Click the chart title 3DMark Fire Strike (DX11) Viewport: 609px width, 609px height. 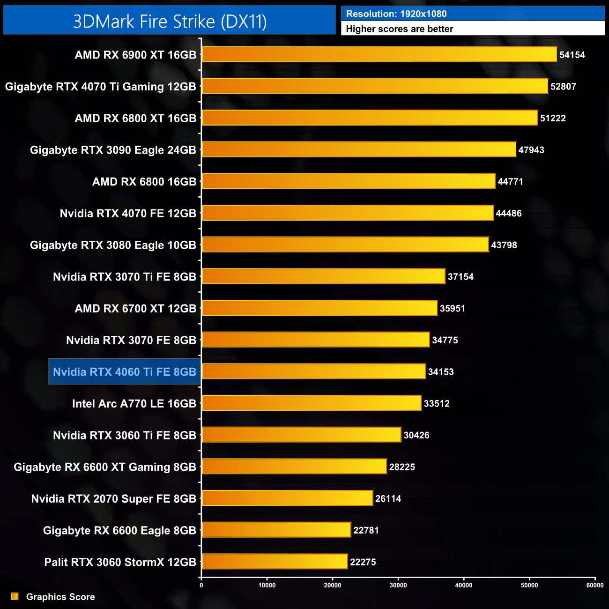tap(170, 22)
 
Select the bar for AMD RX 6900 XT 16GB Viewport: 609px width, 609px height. tap(379, 54)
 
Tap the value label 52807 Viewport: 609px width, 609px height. tap(563, 87)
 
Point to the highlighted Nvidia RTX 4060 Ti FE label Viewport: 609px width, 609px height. tap(125, 372)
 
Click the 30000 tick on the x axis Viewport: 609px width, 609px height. tap(398, 585)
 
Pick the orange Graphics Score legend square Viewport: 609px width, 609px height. tap(15, 596)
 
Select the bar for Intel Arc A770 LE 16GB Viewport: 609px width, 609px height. tap(312, 403)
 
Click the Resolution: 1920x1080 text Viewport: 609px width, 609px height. tap(396, 14)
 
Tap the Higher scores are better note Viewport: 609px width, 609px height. tap(400, 29)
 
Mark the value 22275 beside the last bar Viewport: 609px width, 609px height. tap(363, 562)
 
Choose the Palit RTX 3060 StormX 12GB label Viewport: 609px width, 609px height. tap(120, 562)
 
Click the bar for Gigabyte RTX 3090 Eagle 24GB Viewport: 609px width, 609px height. tap(359, 150)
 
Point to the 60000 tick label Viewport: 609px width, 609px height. tap(595, 585)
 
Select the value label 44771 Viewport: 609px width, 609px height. tap(510, 182)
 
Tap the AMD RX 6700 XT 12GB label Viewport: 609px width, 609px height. tap(135, 309)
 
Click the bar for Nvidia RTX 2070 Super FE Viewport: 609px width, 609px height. tap(287, 498)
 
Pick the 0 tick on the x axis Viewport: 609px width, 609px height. tap(201, 585)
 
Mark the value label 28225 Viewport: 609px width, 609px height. tap(402, 467)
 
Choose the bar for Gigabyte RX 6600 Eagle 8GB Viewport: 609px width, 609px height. tap(276, 530)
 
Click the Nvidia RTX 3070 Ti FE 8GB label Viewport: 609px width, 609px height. tap(125, 277)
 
